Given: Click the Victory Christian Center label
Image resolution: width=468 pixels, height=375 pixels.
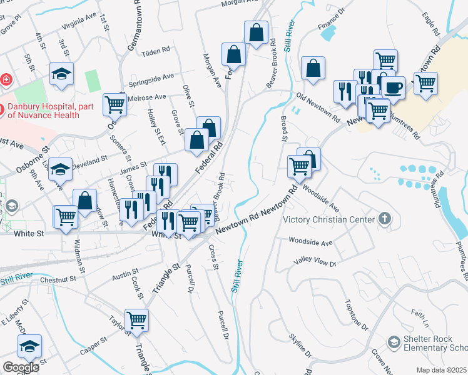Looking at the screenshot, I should [x=328, y=219].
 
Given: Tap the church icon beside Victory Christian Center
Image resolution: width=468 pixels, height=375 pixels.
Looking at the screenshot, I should [x=384, y=219].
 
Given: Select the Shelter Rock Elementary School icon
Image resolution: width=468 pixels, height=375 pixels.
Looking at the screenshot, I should [x=394, y=342].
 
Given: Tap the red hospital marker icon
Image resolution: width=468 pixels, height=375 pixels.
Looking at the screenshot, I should [x=6, y=80].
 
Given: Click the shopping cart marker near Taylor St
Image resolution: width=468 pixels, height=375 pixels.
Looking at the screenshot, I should [x=136, y=320].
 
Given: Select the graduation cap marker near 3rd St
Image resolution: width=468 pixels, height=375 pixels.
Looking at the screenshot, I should [x=61, y=74].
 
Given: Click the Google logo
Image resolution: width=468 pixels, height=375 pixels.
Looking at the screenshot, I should [x=21, y=367].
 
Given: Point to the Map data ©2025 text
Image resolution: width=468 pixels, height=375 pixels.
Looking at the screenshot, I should [x=441, y=370].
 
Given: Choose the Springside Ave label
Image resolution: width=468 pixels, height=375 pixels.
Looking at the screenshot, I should [x=151, y=80].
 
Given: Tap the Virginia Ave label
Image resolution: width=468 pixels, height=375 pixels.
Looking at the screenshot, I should [x=79, y=22].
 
